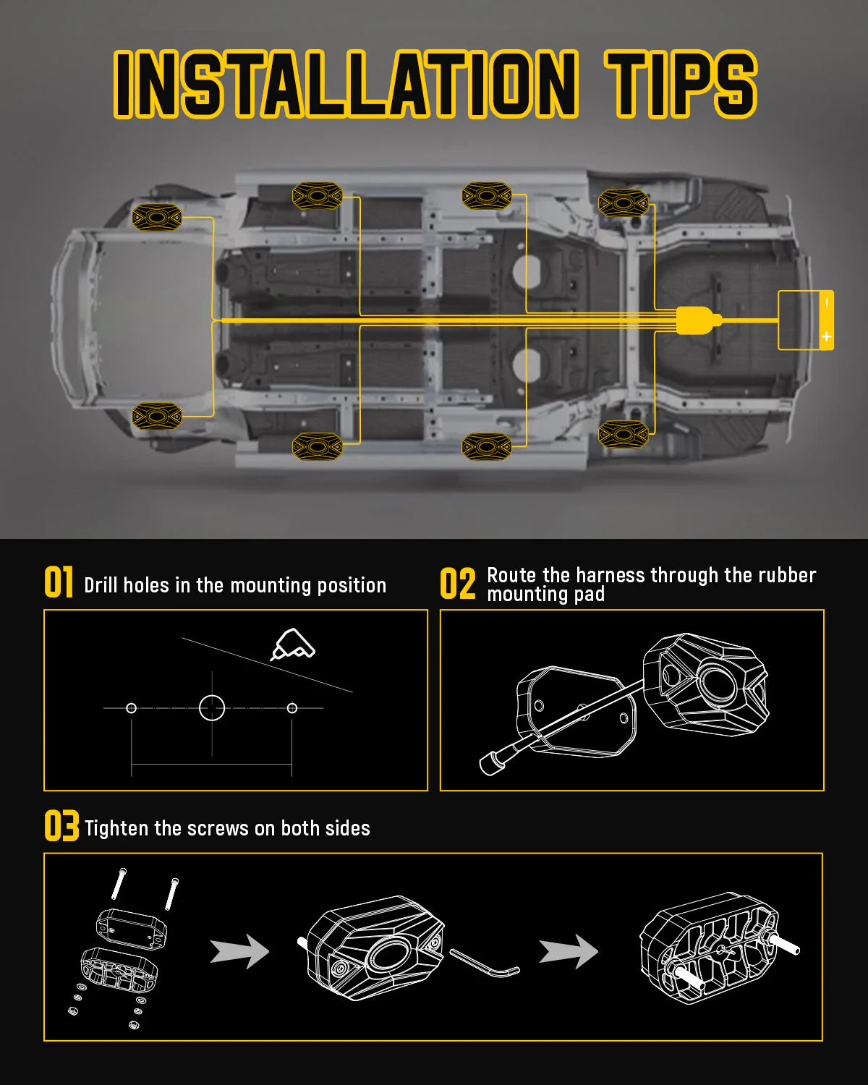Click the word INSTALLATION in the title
pyautogui.click(x=346, y=85)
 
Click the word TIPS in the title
pyautogui.click(x=680, y=85)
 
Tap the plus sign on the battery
pyautogui.click(x=826, y=337)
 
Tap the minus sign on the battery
pyautogui.click(x=826, y=302)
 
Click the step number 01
pyautogui.click(x=59, y=583)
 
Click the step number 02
pyautogui.click(x=458, y=584)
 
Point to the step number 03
pyautogui.click(x=61, y=826)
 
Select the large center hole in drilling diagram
pyautogui.click(x=212, y=707)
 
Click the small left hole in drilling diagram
pyautogui.click(x=131, y=707)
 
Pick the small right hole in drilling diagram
pyautogui.click(x=292, y=707)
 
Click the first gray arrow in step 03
pyautogui.click(x=239, y=951)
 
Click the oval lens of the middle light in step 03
pyautogui.click(x=391, y=956)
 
